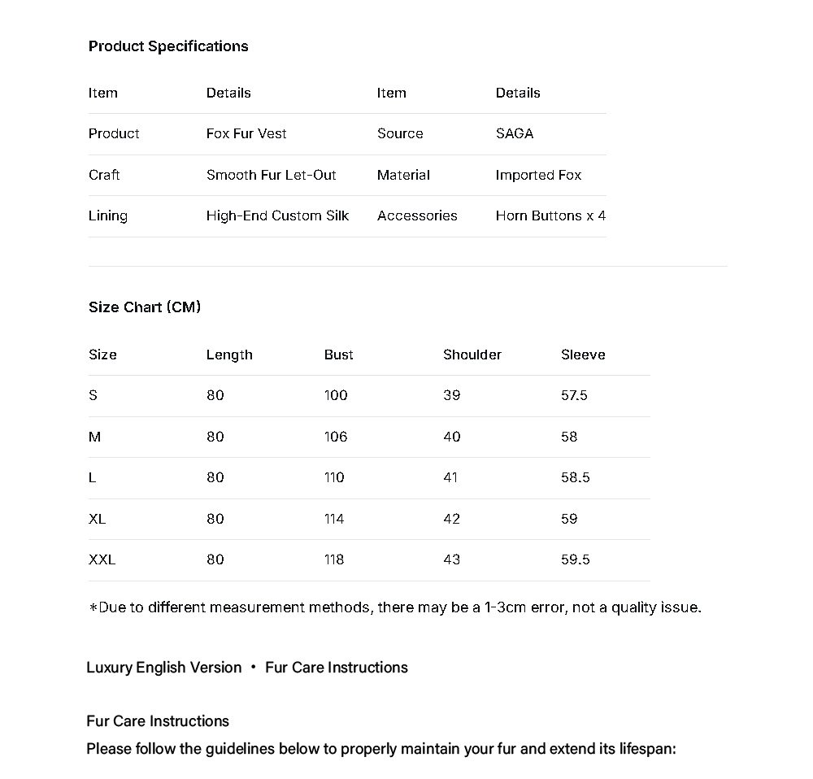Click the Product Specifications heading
(168, 46)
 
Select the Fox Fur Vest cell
(246, 133)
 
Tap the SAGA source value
(515, 133)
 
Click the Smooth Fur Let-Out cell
(271, 175)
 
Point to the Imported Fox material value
(538, 175)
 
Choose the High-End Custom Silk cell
(277, 215)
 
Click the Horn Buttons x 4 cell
(550, 215)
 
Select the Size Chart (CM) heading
(145, 307)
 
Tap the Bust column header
(338, 355)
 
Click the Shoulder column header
(472, 355)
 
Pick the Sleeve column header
(583, 355)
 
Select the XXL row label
(102, 559)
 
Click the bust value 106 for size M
(336, 437)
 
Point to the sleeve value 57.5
(574, 395)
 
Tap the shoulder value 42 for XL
(452, 519)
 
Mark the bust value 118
(334, 559)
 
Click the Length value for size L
(215, 477)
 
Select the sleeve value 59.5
(575, 559)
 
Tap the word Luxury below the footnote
(109, 668)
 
